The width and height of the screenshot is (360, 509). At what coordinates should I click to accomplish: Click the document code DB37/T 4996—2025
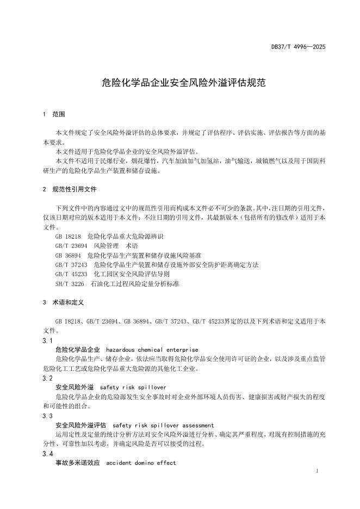tap(298, 47)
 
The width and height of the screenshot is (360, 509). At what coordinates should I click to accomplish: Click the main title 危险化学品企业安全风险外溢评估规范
tap(179, 83)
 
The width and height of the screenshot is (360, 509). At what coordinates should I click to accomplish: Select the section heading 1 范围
tap(54, 115)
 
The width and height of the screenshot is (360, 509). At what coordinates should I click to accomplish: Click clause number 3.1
tap(47, 340)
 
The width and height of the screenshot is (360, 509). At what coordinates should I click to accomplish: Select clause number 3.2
tap(47, 378)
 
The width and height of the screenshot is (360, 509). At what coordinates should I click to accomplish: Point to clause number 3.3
tap(47, 415)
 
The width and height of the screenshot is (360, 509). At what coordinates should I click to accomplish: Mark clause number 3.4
tap(47, 454)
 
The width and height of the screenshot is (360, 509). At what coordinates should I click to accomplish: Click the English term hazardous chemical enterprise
tap(152, 350)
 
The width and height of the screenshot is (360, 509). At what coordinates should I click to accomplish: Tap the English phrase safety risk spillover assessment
tap(163, 425)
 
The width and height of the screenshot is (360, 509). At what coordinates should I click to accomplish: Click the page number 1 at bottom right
tap(317, 470)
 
